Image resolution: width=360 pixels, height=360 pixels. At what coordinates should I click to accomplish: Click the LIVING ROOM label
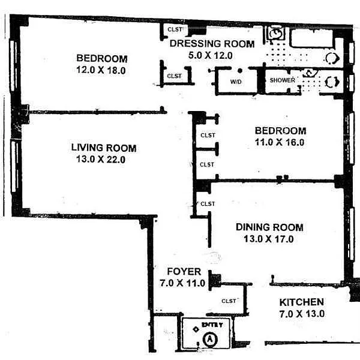[x=104, y=148]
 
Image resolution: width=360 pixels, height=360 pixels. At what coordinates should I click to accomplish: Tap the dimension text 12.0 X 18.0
[x=101, y=70]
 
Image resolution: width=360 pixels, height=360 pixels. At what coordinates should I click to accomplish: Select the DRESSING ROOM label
[x=212, y=44]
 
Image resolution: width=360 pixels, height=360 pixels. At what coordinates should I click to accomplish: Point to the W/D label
[x=236, y=82]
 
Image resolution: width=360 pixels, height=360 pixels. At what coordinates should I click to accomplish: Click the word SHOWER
[x=283, y=80]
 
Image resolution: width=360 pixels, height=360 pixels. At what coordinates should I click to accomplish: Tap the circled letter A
[x=209, y=339]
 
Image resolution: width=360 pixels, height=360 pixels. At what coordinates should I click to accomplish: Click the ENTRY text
[x=212, y=325]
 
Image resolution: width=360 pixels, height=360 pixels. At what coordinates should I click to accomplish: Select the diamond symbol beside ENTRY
[x=196, y=329]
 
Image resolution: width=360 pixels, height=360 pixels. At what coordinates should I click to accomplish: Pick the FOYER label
[x=184, y=271]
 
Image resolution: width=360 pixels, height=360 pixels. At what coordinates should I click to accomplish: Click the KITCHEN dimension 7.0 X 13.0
[x=302, y=314]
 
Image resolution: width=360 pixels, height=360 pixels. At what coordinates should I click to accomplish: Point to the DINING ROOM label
[x=269, y=227]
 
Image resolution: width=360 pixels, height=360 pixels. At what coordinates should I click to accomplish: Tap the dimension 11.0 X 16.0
[x=280, y=142]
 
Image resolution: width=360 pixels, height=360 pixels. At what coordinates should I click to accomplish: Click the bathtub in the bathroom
[x=311, y=38]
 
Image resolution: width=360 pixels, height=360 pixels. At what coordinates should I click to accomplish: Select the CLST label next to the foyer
[x=229, y=301]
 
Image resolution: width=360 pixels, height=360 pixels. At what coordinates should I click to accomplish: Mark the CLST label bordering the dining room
[x=208, y=203]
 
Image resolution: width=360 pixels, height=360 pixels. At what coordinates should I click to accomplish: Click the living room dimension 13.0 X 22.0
[x=101, y=159]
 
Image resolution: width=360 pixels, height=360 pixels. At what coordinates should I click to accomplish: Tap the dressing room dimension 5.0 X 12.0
[x=211, y=55]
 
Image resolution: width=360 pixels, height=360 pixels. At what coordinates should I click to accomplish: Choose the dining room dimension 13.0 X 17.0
[x=269, y=239]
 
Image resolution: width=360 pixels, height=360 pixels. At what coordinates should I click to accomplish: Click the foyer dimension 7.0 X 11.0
[x=182, y=283]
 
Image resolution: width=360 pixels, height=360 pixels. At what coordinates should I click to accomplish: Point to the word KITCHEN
[x=302, y=302]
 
